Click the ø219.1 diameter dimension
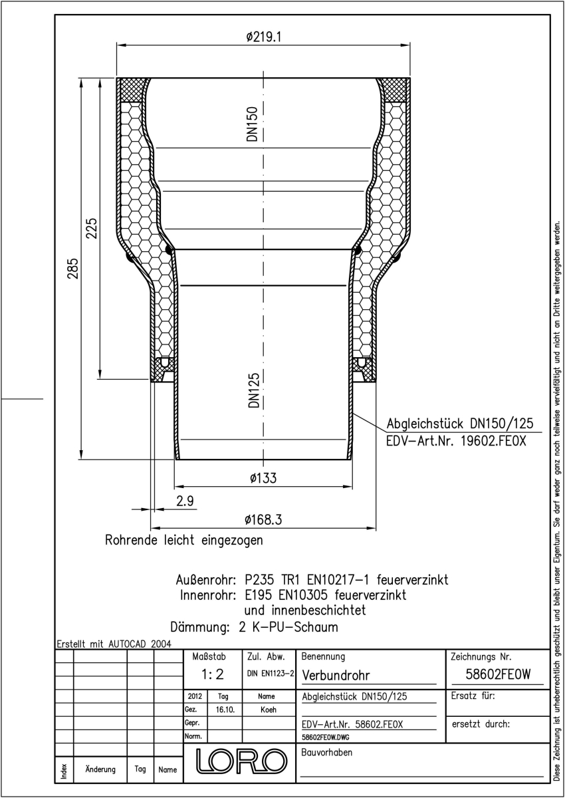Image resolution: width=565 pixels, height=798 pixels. pos(263,37)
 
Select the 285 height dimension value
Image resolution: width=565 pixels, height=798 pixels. pos(72,269)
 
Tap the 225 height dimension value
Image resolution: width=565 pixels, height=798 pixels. pos(92,228)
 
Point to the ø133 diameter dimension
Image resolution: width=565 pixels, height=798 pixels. pos(263,477)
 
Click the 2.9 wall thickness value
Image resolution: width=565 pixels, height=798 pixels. pos(185,501)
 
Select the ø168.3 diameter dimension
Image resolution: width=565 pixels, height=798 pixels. pos(263,520)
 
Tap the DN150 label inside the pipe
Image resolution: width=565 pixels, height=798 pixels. pos(253,124)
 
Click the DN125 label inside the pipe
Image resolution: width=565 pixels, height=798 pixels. pos(254,390)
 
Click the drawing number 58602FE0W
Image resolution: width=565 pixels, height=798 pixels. pos(498,674)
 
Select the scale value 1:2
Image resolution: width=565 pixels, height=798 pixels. pos(213,674)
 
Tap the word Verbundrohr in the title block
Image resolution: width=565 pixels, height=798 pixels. pos(336,675)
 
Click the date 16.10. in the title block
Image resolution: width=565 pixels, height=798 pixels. pos(225,710)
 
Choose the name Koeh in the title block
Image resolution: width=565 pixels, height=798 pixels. pos(269,710)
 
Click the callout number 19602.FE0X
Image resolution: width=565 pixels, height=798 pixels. pos(493,442)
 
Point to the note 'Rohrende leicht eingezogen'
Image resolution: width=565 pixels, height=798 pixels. pos(184,540)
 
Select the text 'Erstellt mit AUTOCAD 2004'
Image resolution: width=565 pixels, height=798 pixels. pos(114,644)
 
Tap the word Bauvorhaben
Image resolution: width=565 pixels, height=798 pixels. pos(326,752)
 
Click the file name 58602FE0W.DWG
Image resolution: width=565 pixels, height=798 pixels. pos(326,737)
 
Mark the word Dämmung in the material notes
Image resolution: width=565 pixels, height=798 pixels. pos(200,626)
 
